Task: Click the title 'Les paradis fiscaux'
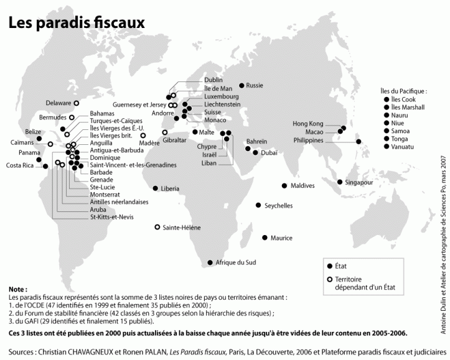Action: click(x=76, y=22)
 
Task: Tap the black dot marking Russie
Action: click(x=242, y=85)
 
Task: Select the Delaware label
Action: click(x=58, y=103)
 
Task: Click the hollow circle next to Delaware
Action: click(x=77, y=103)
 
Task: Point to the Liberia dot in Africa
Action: click(x=155, y=188)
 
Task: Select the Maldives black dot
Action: click(x=284, y=185)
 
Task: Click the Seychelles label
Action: click(x=278, y=205)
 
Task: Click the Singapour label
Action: click(x=359, y=182)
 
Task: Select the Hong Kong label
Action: click(x=308, y=124)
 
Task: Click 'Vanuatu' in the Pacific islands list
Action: click(x=404, y=147)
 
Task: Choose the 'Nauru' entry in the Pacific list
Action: click(x=401, y=115)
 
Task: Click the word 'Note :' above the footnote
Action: click(x=18, y=290)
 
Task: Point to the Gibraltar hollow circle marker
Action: click(x=165, y=132)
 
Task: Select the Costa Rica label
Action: click(x=20, y=165)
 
